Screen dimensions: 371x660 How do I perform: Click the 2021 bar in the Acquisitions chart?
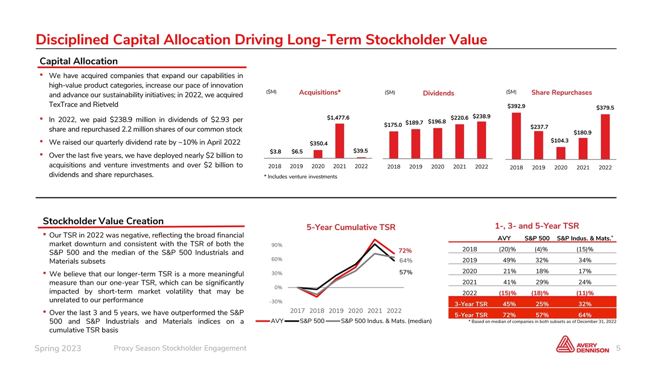click(340, 141)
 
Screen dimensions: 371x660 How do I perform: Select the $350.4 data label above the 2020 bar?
click(318, 143)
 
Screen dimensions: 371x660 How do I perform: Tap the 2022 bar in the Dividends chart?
click(481, 140)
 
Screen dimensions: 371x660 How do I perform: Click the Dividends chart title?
click(438, 93)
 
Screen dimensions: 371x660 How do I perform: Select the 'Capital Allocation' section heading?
click(78, 61)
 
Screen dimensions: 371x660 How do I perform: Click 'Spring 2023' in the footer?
click(57, 349)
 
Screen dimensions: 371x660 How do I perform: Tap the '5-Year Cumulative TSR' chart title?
click(351, 227)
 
